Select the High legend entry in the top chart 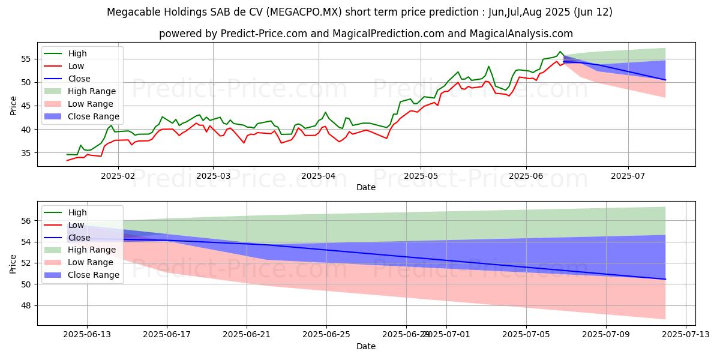pos(77,53)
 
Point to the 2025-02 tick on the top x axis pos(118,175)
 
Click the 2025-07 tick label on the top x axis pos(628,175)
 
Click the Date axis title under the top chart pos(366,187)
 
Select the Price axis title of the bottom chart pos(13,263)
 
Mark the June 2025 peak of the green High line pos(560,52)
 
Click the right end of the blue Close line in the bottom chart pos(665,279)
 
